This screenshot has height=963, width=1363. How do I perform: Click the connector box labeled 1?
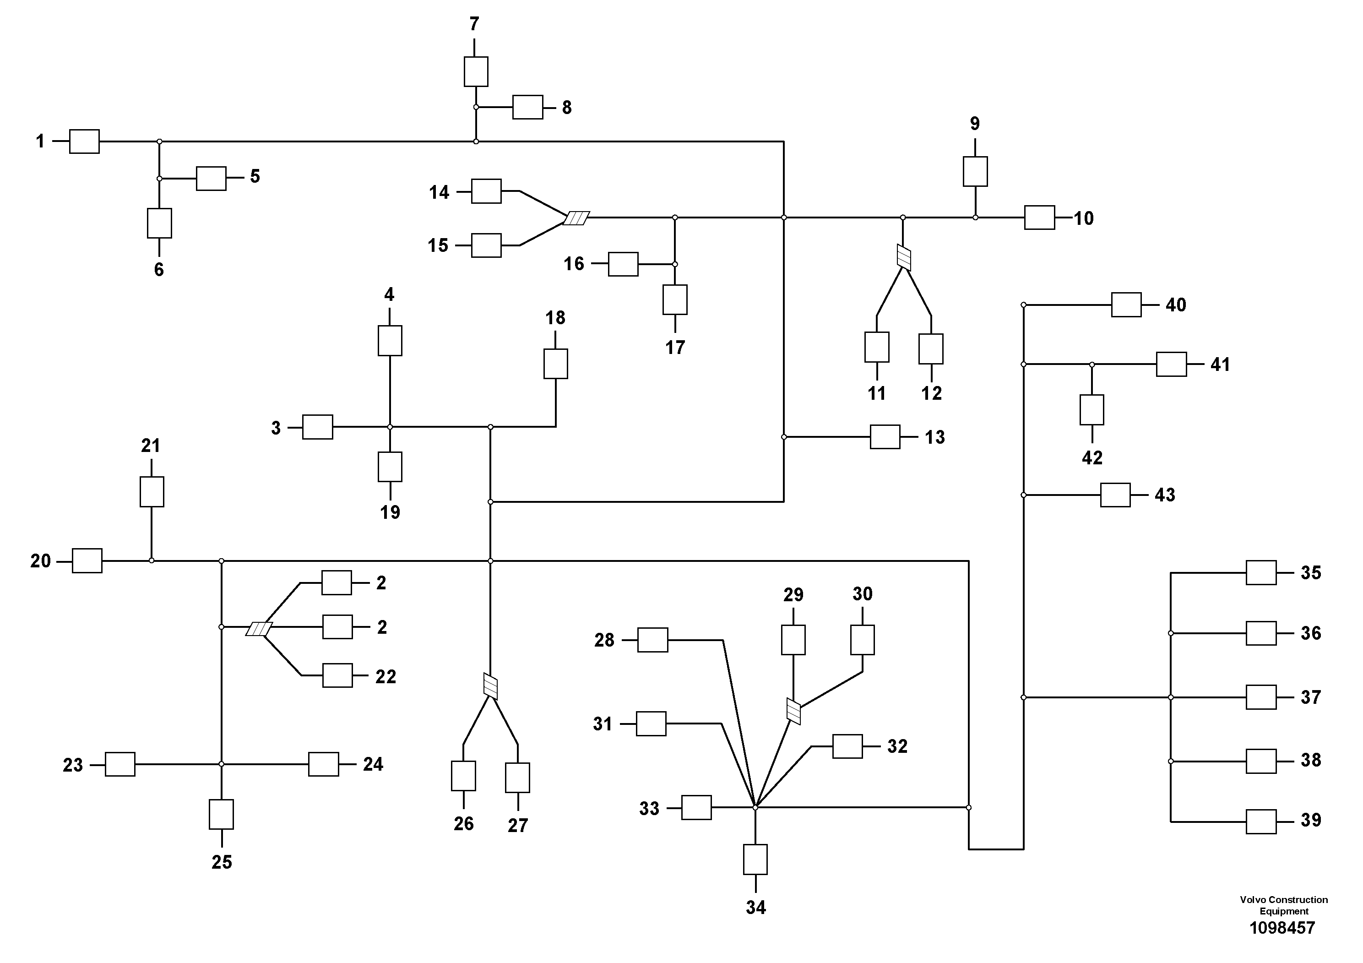point(84,141)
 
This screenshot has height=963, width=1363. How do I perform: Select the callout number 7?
point(474,24)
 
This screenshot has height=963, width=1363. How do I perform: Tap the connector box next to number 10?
point(1039,218)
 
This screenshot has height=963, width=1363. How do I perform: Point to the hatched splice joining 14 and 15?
point(576,218)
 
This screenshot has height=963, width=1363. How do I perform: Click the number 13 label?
point(934,437)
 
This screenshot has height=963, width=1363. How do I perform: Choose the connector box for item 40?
point(1126,305)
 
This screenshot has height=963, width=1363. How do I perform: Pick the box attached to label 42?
point(1091,410)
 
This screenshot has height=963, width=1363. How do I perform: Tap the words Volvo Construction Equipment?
point(1283,905)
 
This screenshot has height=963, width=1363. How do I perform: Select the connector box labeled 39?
point(1261,822)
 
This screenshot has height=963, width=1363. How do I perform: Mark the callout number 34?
point(756,907)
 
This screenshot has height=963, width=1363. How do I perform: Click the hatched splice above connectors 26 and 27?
point(490,686)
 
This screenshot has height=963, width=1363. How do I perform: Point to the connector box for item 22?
point(337,675)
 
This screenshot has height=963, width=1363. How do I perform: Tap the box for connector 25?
point(222,814)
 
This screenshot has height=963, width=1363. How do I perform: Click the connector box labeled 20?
point(87,560)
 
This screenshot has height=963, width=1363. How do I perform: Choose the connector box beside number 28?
point(652,640)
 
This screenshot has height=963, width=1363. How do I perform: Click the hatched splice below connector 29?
point(793,711)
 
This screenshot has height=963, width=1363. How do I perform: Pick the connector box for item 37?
point(1261,697)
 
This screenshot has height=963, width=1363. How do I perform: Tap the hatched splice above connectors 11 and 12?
point(903,258)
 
